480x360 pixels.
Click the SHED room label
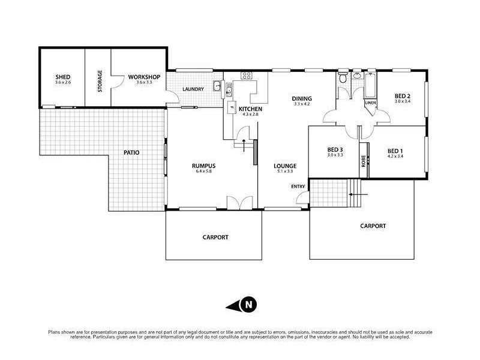63,77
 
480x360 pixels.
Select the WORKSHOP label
144,77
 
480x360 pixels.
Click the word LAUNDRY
193,89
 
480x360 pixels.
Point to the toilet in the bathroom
342,79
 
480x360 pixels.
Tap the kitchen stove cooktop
246,76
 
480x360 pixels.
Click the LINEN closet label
370,103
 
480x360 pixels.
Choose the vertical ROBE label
363,161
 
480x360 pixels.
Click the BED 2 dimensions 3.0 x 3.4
402,102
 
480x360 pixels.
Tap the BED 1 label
395,151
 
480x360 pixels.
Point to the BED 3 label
335,149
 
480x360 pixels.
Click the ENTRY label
298,187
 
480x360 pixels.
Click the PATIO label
131,152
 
